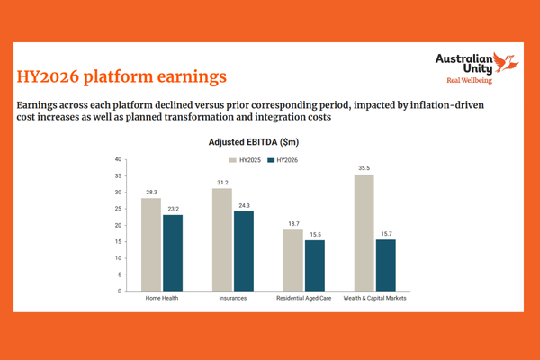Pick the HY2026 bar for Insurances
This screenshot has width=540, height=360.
tap(244, 251)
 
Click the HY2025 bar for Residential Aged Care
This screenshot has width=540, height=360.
tap(293, 260)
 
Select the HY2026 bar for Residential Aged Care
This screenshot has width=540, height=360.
tap(315, 265)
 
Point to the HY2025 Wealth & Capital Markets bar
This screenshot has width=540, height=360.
tap(364, 232)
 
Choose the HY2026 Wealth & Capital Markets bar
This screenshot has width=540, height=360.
tap(386, 265)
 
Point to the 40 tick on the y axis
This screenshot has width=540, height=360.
tap(117, 159)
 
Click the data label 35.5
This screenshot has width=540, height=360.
tap(364, 167)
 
